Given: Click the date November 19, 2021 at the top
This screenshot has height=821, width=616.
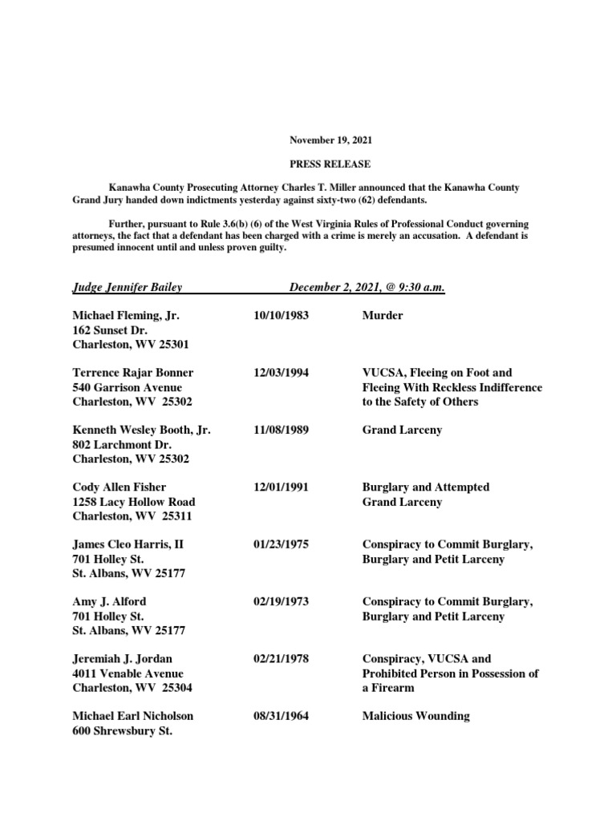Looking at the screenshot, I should click(x=331, y=140).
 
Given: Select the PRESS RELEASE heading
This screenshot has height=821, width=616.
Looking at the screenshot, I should click(x=331, y=164).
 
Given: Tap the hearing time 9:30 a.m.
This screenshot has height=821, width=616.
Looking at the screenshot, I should click(x=416, y=287).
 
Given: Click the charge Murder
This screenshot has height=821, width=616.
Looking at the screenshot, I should click(x=383, y=316).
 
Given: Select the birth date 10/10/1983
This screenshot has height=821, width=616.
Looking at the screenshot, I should click(x=281, y=316).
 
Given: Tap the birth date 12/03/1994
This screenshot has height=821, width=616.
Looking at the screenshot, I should click(x=281, y=373).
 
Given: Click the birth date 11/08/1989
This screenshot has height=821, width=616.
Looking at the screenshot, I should click(x=281, y=431).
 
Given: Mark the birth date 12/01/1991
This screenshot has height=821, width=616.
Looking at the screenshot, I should click(x=281, y=487).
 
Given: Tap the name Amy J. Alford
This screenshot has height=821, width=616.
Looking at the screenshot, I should click(x=109, y=601).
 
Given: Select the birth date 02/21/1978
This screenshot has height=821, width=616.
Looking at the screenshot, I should click(x=281, y=659).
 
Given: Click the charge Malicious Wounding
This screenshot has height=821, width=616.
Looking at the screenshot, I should click(x=415, y=716).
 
